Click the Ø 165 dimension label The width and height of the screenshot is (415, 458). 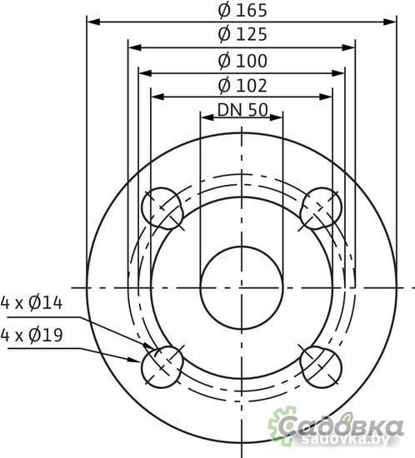242,11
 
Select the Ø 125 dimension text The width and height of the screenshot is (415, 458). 242,35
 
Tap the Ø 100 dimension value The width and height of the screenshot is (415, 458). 242,61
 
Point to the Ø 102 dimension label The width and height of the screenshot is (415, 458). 242,86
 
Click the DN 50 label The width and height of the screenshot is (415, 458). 242,110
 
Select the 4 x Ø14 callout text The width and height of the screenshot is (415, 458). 32,302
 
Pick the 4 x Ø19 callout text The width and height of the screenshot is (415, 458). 32,336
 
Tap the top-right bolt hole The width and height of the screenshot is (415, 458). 322,207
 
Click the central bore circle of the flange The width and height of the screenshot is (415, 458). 242,286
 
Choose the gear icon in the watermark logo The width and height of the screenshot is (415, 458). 284,423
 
